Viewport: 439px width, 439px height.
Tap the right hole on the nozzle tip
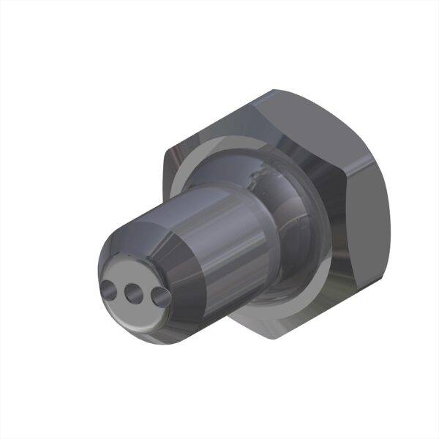point(157,296)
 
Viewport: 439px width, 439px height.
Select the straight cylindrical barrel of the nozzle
point(219,249)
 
